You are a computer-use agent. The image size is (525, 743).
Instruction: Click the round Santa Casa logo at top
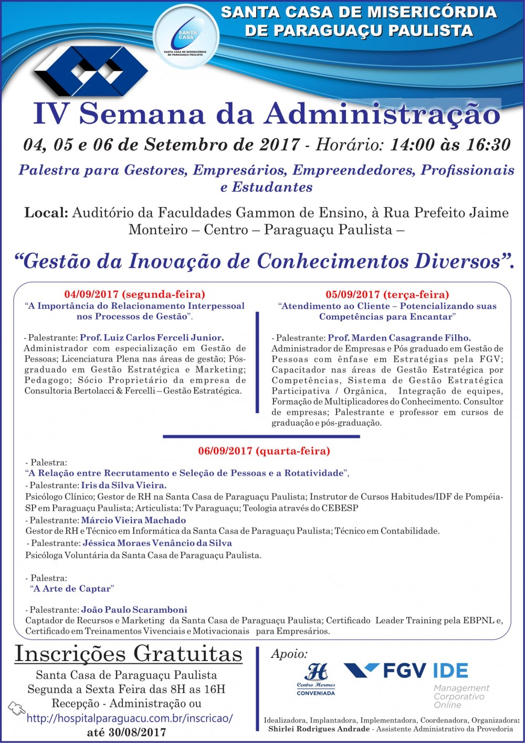click(186, 36)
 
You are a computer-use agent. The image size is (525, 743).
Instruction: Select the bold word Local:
click(46, 213)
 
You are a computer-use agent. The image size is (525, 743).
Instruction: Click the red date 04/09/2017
click(92, 294)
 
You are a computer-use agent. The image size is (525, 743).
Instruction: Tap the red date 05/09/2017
click(353, 294)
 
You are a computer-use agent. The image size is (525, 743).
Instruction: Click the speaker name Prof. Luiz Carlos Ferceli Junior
click(152, 337)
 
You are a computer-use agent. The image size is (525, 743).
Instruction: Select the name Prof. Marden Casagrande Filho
click(399, 338)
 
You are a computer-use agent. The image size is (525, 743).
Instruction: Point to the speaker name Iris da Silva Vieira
click(123, 486)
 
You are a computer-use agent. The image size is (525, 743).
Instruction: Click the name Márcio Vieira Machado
click(133, 520)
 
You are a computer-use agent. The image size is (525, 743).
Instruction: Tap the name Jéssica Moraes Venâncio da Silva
click(157, 543)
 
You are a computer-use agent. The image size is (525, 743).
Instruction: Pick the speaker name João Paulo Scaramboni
click(134, 610)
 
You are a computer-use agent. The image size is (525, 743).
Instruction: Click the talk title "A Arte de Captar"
click(72, 589)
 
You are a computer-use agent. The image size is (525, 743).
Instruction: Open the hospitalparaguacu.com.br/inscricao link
click(130, 718)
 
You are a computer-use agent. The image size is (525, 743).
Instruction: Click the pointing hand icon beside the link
click(16, 709)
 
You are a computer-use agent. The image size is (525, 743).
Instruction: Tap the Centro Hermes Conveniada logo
click(316, 678)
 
